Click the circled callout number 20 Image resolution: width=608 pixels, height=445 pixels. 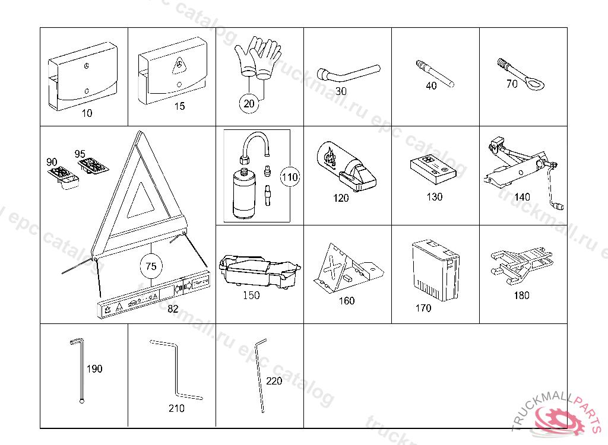249,103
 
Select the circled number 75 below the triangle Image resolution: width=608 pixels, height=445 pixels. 151,266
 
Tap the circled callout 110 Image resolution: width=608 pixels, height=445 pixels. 290,177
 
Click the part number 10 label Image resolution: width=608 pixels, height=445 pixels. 87,113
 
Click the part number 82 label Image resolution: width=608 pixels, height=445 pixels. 173,309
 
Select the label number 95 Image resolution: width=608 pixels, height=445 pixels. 80,154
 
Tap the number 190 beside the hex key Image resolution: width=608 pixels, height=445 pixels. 94,368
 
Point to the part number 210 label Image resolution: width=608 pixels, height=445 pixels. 176,408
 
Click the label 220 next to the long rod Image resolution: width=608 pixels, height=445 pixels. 274,381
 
